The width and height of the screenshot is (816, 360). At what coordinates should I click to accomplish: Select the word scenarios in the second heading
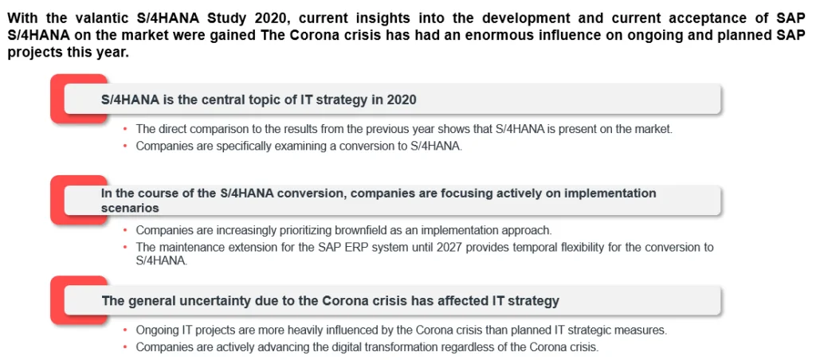130,207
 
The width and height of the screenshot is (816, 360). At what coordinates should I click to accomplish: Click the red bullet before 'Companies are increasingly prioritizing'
125,230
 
